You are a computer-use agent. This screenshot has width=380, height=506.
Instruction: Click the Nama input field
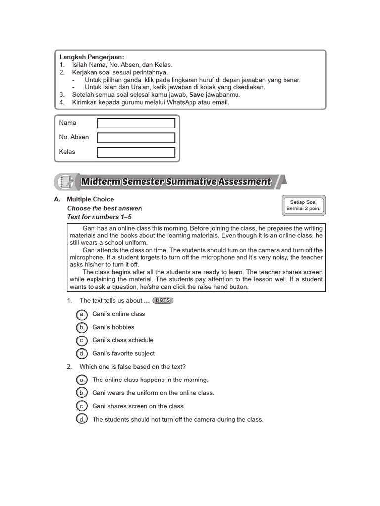pos(136,123)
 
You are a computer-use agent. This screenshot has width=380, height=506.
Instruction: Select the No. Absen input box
pos(136,138)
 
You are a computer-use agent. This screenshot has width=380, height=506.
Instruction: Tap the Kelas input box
pos(136,152)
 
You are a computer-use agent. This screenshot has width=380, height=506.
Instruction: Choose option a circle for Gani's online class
pos(82,314)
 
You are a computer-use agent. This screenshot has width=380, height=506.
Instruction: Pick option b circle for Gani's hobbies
pos(82,327)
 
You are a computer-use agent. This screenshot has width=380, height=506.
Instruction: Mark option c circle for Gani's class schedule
pos(82,340)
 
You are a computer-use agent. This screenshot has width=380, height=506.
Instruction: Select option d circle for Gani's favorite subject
pos(82,354)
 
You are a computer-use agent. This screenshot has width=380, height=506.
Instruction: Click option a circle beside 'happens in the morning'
pos(82,380)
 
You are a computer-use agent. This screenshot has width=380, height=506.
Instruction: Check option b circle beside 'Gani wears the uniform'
pos(82,393)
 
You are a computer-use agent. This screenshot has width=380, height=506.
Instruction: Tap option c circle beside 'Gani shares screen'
pos(82,406)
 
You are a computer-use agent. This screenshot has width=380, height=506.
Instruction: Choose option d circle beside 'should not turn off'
pos(82,420)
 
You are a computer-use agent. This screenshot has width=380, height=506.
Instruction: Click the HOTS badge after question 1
pos(163,300)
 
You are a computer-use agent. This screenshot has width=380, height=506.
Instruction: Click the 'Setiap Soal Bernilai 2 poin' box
pos(304,205)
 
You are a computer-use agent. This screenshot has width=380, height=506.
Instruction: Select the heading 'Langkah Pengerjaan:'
pos(92,57)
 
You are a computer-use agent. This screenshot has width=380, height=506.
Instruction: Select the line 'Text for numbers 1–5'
pos(99,217)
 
